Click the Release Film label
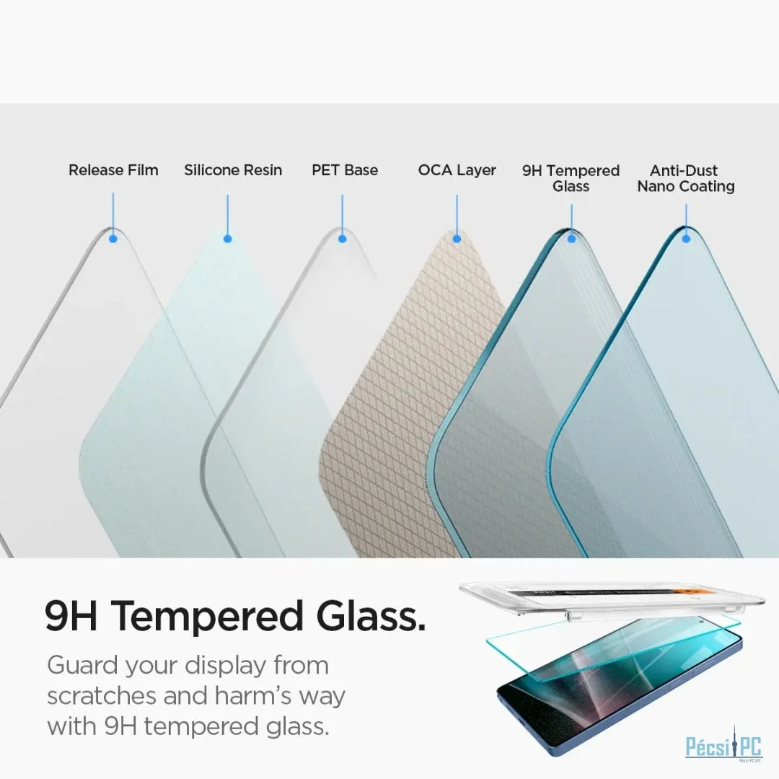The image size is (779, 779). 113,170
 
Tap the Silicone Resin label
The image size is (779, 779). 233,170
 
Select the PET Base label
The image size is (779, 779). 345,170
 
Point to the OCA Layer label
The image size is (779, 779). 457,170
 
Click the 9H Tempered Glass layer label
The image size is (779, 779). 571,178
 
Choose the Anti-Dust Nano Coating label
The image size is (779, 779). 686,178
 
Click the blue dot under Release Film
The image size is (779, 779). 113,239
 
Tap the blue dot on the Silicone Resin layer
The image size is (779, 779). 227,239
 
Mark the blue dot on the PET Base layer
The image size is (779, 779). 343,239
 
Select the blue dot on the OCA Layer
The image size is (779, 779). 457,239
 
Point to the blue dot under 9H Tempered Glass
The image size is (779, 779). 571,239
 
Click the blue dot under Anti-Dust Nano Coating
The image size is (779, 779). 686,239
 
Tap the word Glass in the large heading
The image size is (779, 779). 371,615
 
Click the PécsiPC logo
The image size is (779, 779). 723,747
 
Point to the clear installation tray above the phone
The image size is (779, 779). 611,598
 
